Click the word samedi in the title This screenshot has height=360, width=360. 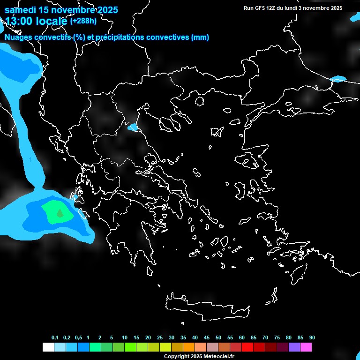click(21, 10)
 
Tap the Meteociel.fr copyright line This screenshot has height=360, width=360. click(199, 357)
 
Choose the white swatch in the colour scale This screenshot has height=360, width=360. click(48, 347)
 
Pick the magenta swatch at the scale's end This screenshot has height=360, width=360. click(306, 347)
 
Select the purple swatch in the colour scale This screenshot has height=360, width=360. click(294, 347)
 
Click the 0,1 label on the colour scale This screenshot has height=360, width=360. click(55, 337)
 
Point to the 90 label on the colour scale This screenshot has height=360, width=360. click(312, 337)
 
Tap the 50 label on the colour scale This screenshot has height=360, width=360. click(218, 337)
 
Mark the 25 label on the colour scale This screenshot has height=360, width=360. click(160, 337)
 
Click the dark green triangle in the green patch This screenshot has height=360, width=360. click(60, 213)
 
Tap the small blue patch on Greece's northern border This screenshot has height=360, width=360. click(133, 127)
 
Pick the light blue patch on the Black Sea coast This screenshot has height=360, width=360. click(338, 79)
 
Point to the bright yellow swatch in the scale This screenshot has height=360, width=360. click(165, 347)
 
